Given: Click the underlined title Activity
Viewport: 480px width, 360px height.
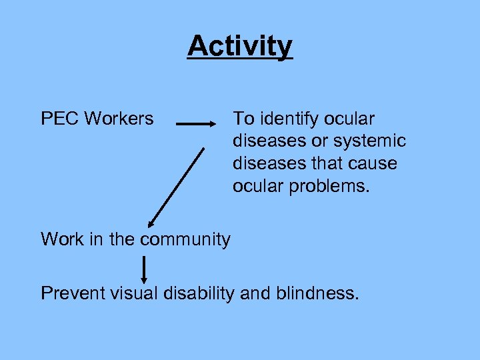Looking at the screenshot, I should click(x=240, y=46).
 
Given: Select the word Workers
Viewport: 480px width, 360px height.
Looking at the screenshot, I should click(x=119, y=119).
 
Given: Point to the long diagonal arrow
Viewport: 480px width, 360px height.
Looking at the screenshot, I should click(x=176, y=188).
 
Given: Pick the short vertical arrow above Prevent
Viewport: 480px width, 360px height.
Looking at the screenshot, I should click(x=144, y=269).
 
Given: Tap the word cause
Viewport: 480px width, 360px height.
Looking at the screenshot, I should click(x=372, y=163).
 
